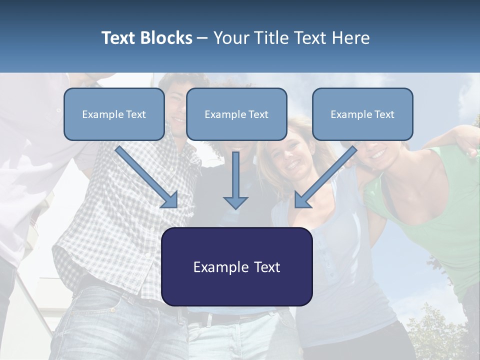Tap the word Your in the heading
coord(229,38)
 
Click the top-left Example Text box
coord(114,114)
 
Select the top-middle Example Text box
coord(236,114)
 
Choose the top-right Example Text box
coord(362,114)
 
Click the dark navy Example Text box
coord(236,266)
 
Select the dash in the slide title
coord(202,38)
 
